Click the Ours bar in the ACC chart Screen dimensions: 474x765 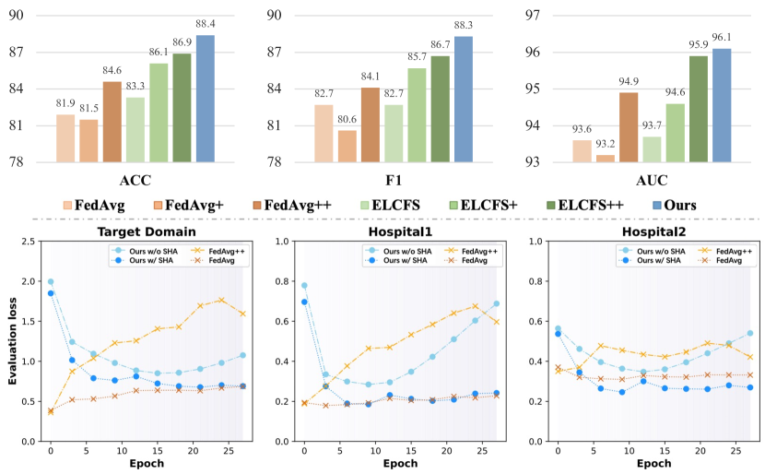point(205,99)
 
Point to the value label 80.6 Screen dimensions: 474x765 point(346,120)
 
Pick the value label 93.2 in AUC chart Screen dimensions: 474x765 point(605,145)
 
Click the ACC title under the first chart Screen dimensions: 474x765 point(135,180)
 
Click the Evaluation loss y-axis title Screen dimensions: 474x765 point(10,341)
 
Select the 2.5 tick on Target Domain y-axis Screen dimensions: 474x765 point(31,242)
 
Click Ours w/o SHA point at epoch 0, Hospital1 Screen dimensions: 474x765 point(304,286)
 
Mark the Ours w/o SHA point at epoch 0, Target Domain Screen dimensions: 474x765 point(51,282)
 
